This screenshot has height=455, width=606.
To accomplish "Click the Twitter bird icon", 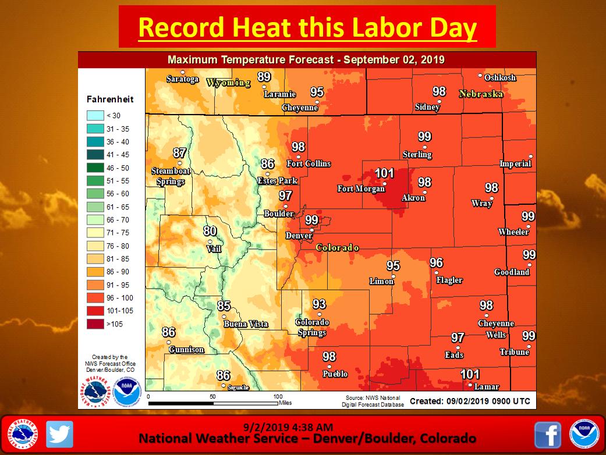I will tap(59, 434).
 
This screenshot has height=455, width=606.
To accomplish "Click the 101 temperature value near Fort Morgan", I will tap(384, 173).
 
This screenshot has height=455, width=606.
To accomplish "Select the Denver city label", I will tap(299, 236).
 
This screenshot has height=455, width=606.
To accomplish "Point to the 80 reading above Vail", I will tap(210, 231).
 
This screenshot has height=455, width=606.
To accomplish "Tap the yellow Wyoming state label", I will tap(228, 83).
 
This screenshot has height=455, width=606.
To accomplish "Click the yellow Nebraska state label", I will tap(480, 94).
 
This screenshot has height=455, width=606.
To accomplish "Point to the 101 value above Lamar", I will tap(470, 374).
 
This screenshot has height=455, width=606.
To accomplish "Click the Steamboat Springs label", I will tap(168, 176).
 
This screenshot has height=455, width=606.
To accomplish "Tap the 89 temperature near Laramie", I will tap(264, 77).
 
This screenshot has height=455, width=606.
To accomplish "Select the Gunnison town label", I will tap(186, 350).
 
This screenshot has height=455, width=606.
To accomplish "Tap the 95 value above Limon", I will tap(394, 266).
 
